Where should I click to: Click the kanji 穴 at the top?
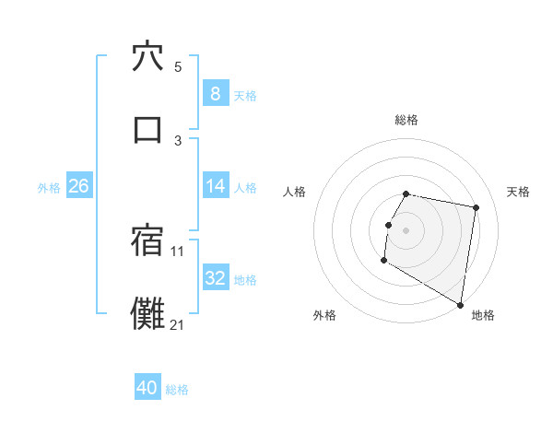pyautogui.click(x=147, y=56)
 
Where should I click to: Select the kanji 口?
pyautogui.click(x=147, y=129)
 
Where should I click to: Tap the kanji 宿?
pyautogui.click(x=147, y=240)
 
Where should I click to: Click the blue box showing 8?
pyautogui.click(x=215, y=94)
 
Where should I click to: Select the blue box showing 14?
pyautogui.click(x=215, y=186)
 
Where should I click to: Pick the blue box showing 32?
pyautogui.click(x=215, y=278)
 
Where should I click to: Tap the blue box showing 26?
pyautogui.click(x=78, y=186)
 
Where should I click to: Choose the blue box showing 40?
pyautogui.click(x=147, y=388)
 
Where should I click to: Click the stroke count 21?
pyautogui.click(x=178, y=324)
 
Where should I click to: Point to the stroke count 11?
pyautogui.click(x=178, y=251)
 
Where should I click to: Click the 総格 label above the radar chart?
pyautogui.click(x=406, y=121)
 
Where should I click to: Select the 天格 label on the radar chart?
pyautogui.click(x=519, y=192)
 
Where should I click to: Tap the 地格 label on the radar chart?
pyautogui.click(x=483, y=315)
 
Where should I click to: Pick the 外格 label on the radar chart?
pyautogui.click(x=324, y=315)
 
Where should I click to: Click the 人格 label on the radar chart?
pyautogui.click(x=295, y=192)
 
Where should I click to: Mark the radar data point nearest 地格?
pyautogui.click(x=461, y=305)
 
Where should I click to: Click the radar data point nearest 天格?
pyautogui.click(x=477, y=208)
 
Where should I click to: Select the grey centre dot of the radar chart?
pyautogui.click(x=406, y=230)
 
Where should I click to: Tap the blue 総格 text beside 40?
pyautogui.click(x=177, y=390)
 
